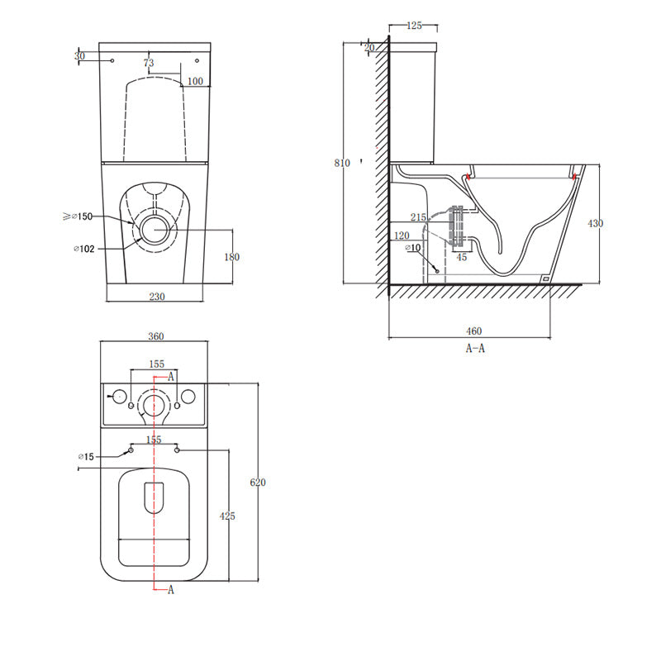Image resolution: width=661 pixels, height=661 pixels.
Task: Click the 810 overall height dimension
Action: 342,163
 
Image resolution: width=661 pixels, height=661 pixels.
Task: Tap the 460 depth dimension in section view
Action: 474,330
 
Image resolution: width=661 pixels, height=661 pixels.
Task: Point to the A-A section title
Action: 474,349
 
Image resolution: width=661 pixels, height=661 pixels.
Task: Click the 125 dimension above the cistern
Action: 414,26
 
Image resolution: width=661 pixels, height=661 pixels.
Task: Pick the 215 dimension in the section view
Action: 418,217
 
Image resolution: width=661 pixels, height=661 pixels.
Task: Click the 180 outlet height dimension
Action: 231,257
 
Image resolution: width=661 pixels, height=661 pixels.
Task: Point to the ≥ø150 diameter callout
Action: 80,216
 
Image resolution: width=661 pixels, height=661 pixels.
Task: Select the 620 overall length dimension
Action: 258,483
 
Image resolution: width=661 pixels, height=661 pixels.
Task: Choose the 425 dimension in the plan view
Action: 227,516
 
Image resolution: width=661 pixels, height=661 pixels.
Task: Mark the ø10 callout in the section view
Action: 413,248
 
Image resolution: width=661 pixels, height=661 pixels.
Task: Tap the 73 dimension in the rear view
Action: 148,63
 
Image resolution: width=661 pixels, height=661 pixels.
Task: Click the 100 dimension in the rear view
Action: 195,80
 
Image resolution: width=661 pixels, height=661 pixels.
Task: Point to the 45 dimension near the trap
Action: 461,257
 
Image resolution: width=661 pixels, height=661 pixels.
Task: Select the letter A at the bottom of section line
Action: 171,589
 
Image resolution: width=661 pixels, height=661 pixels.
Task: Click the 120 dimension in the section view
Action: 402,235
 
